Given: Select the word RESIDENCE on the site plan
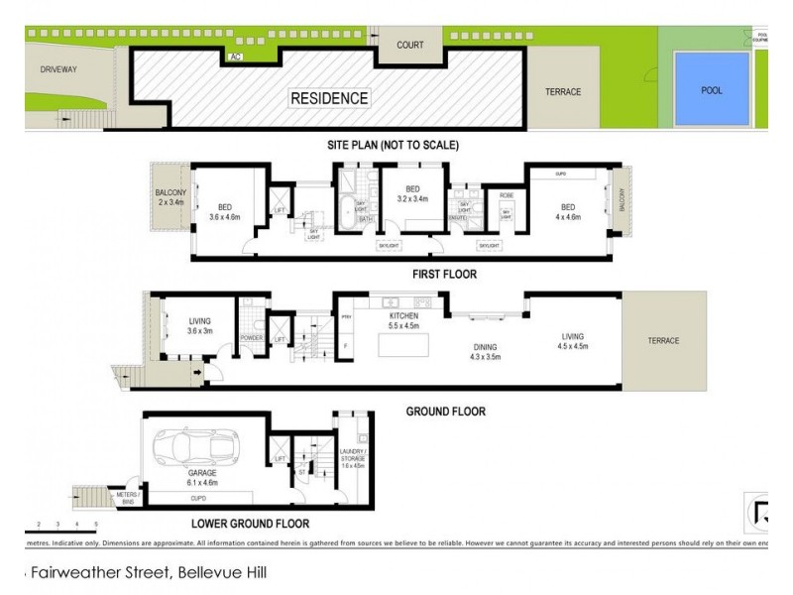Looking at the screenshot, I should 329,98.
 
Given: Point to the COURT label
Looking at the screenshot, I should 410,46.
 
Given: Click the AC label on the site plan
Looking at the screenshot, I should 235,57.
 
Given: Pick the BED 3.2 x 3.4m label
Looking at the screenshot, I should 411,194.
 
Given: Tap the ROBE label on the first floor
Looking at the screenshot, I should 505,194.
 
